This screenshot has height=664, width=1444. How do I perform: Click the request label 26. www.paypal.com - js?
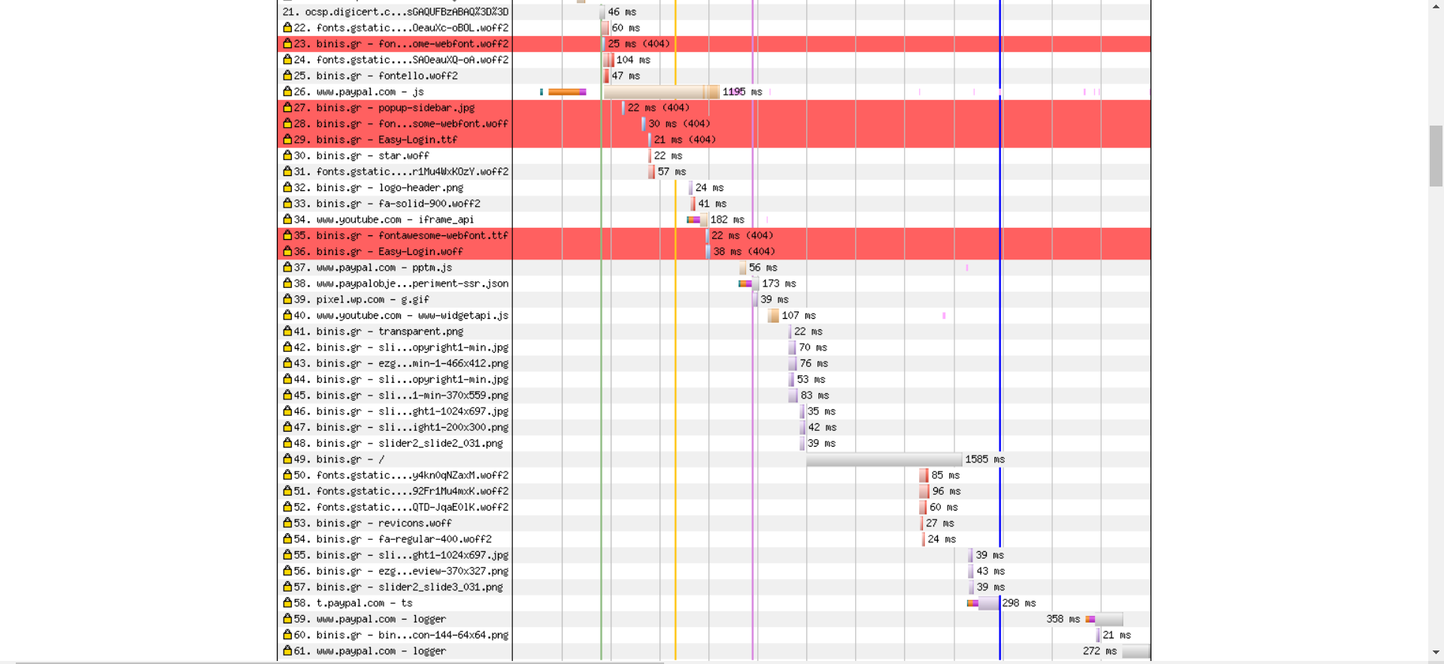tap(359, 92)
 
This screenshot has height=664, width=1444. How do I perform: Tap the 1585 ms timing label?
tap(985, 459)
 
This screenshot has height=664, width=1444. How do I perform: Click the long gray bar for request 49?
tap(884, 459)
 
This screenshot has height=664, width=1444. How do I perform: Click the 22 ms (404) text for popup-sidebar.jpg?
tap(659, 108)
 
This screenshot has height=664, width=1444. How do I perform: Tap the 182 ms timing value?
tap(727, 220)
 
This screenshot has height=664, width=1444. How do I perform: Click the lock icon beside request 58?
tap(287, 602)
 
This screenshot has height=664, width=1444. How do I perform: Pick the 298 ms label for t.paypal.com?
tap(1019, 603)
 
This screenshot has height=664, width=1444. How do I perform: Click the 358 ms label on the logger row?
tap(1063, 619)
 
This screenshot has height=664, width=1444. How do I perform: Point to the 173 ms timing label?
tap(779, 283)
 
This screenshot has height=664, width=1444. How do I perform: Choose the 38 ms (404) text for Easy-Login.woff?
tap(745, 251)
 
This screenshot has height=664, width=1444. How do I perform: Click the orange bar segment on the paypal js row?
tap(564, 92)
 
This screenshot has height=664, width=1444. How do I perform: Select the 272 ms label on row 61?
tap(1100, 651)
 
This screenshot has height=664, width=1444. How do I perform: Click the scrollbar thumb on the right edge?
tap(1436, 156)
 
